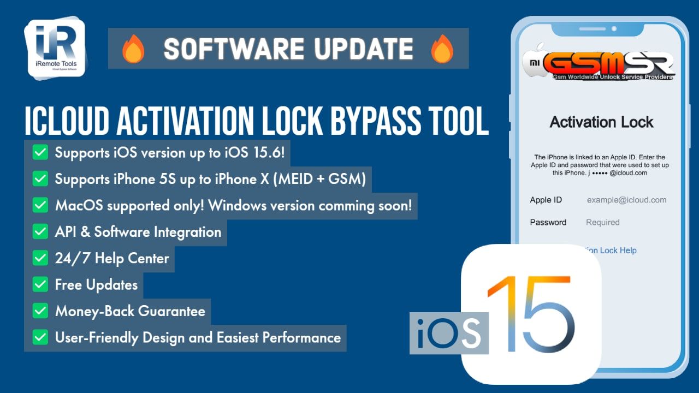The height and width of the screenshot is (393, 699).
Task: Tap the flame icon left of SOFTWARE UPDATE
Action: pos(133,49)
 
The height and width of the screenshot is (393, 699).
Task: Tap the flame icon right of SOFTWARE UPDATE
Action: pos(442,49)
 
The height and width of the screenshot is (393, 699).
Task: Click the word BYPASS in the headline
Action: pos(375,121)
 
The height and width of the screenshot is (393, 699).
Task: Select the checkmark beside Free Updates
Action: pos(40,284)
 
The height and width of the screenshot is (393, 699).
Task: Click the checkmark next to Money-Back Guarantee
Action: pos(40,311)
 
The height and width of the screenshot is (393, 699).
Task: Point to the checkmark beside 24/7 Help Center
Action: pos(40,258)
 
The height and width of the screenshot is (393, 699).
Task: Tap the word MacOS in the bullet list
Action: pos(79,206)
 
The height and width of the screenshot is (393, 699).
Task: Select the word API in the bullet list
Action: pos(65,232)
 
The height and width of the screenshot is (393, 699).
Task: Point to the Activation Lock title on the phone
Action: pos(601,122)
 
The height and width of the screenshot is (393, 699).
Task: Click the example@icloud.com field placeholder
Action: pos(626,200)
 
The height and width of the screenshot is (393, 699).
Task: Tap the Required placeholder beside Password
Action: pos(602,222)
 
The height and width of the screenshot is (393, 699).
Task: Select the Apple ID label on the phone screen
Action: pos(546,200)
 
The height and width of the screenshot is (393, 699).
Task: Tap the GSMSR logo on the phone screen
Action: pos(599,64)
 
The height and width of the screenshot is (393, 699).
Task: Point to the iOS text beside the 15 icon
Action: pos(449,333)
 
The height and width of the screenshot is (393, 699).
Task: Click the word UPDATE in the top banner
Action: pos(364,49)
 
